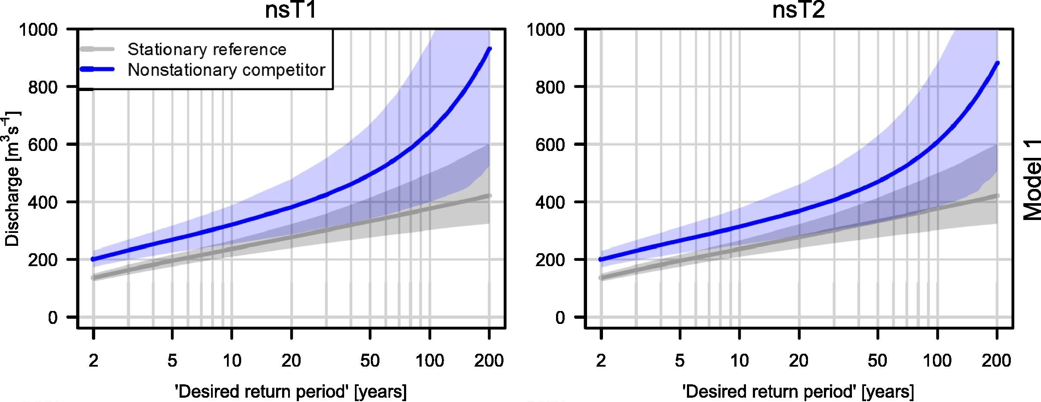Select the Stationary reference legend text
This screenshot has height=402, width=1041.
click(x=207, y=50)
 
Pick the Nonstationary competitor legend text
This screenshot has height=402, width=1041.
click(x=226, y=70)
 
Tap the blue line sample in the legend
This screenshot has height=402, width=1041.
click(x=97, y=69)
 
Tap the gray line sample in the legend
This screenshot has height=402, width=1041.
click(x=97, y=49)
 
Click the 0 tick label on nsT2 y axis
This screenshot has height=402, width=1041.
click(x=560, y=317)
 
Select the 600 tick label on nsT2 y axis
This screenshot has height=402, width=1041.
click(x=550, y=144)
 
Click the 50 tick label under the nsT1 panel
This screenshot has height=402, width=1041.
click(x=370, y=360)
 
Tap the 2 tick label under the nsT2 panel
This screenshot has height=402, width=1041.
click(x=601, y=360)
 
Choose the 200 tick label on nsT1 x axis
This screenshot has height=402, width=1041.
click(x=489, y=360)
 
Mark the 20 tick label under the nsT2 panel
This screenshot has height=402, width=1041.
click(x=799, y=360)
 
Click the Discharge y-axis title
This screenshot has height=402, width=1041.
click(x=12, y=179)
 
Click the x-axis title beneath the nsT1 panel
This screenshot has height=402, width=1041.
click(x=291, y=392)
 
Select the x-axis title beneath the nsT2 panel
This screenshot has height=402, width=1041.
click(x=798, y=392)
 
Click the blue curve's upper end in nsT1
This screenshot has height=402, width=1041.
click(x=489, y=49)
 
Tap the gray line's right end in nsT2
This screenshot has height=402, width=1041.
click(x=997, y=196)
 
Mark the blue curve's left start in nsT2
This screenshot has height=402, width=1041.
click(x=601, y=259)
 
